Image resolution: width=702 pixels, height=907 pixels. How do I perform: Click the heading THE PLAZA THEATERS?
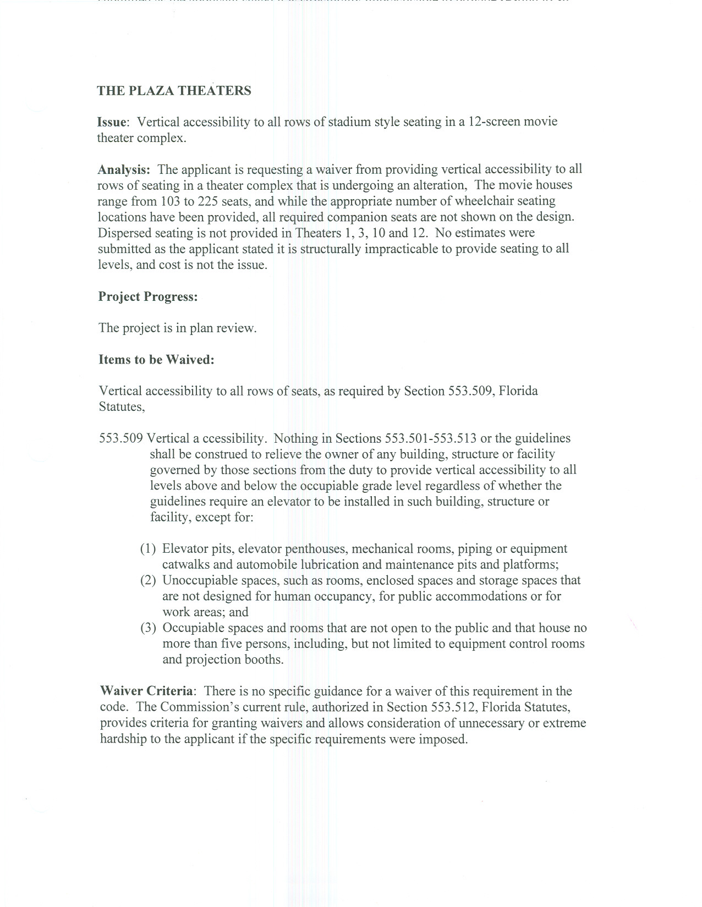[x=174, y=91]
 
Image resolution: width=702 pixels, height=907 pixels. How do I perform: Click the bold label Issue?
[x=113, y=122]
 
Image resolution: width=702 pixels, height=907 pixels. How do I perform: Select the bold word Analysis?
[x=124, y=169]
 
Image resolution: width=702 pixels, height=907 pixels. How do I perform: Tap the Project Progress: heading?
[x=148, y=296]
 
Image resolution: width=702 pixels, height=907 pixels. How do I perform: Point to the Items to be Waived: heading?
[x=156, y=360]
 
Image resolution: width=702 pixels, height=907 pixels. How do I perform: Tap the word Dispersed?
[x=123, y=233]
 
